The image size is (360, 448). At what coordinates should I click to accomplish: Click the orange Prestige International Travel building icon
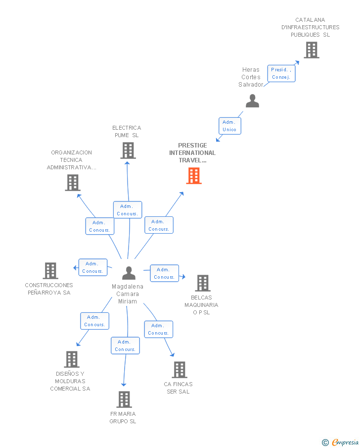[194, 176]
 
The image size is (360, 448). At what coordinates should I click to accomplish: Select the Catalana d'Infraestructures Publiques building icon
[312, 50]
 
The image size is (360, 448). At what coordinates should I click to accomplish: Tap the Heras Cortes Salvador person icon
[252, 101]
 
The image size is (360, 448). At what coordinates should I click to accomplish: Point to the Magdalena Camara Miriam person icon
[129, 273]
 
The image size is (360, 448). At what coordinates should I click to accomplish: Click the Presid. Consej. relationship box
[281, 73]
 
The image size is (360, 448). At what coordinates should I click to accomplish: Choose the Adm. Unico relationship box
[230, 126]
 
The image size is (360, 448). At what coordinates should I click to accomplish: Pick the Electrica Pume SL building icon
[128, 150]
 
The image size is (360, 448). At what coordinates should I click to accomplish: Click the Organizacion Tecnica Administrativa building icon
[73, 183]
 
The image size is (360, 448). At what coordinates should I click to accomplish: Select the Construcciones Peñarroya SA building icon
[50, 271]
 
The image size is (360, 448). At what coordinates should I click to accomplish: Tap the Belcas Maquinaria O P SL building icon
[203, 283]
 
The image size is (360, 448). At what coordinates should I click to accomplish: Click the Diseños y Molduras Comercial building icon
[72, 359]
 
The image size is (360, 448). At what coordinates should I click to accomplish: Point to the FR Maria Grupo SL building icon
[124, 399]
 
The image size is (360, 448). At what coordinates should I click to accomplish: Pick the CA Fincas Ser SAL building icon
[180, 370]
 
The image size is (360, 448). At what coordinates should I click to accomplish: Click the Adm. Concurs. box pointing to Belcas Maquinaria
[165, 273]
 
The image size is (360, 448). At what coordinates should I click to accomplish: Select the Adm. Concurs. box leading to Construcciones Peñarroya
[93, 267]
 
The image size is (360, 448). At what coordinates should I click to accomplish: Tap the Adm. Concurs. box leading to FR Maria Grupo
[125, 346]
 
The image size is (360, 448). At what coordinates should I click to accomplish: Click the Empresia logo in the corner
[340, 442]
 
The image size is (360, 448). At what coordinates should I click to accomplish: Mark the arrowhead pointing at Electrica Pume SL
[127, 163]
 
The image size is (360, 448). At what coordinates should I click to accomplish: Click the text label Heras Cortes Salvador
[251, 77]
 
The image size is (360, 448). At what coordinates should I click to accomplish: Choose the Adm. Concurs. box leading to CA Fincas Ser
[158, 329]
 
